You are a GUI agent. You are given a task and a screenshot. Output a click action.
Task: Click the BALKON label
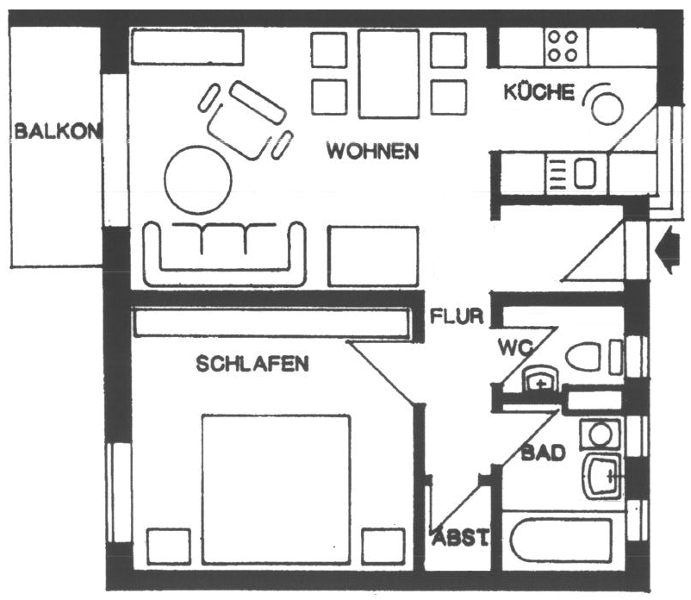[x=58, y=131]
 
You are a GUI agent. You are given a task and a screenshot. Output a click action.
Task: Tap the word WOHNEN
[x=372, y=151]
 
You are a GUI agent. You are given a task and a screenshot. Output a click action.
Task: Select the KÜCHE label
[x=539, y=91]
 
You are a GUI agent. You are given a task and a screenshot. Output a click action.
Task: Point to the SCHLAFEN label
[x=252, y=364]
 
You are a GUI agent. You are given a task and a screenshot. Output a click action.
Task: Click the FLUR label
[x=457, y=316]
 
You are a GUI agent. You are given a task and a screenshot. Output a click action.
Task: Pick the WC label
[x=515, y=347]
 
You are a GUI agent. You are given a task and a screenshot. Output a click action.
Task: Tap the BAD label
[x=543, y=453]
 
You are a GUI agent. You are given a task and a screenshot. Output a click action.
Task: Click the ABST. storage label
[x=460, y=537]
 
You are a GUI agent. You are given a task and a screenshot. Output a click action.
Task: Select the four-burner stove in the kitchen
[x=565, y=47]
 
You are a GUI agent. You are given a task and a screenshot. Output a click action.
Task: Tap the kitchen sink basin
[x=585, y=173]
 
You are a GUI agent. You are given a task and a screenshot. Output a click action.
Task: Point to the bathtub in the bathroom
[x=561, y=541]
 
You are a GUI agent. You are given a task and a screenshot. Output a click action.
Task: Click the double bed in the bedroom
[x=277, y=490]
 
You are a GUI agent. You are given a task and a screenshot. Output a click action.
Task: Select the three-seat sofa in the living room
[x=225, y=253]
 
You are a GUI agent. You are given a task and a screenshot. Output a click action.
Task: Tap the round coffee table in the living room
[x=198, y=180]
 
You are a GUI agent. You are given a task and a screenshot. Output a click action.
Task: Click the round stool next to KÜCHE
[x=607, y=109]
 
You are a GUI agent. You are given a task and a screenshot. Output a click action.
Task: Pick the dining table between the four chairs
[x=389, y=74]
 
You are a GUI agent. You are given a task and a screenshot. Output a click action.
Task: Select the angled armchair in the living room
[x=246, y=121]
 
